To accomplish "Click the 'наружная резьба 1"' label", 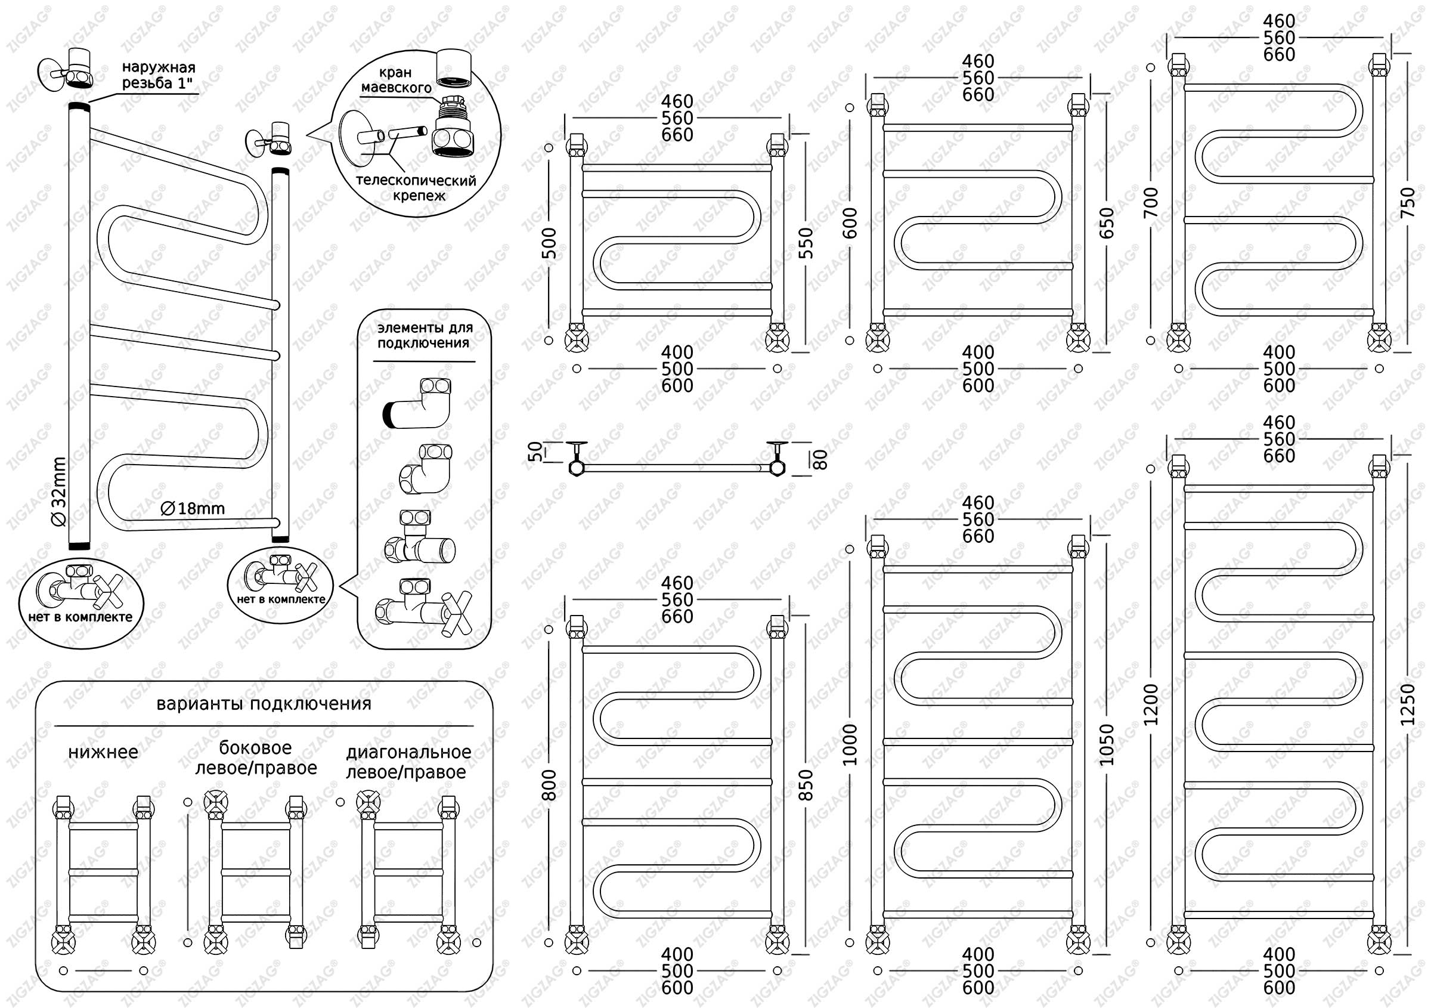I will tap(159, 75).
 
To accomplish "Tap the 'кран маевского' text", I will tap(396, 80).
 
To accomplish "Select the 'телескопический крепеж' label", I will tap(416, 188).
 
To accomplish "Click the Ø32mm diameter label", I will tap(59, 493).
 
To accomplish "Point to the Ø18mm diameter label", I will tap(193, 509).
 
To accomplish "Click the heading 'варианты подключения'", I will tap(264, 704).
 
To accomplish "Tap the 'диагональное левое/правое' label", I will tap(408, 762).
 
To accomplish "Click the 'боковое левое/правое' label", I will tap(256, 757).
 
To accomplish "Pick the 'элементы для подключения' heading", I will tap(425, 335).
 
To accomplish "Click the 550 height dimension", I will tap(806, 243).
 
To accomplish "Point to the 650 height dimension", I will tap(1106, 222).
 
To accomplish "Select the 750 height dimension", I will tap(1408, 203).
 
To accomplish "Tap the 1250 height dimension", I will tap(1408, 704).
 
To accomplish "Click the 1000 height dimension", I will tap(850, 744).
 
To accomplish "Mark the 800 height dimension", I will tap(549, 785).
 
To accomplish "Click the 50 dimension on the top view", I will tap(535, 452).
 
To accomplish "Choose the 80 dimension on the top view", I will tap(822, 459).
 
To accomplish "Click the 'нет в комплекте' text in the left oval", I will tap(80, 617).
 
